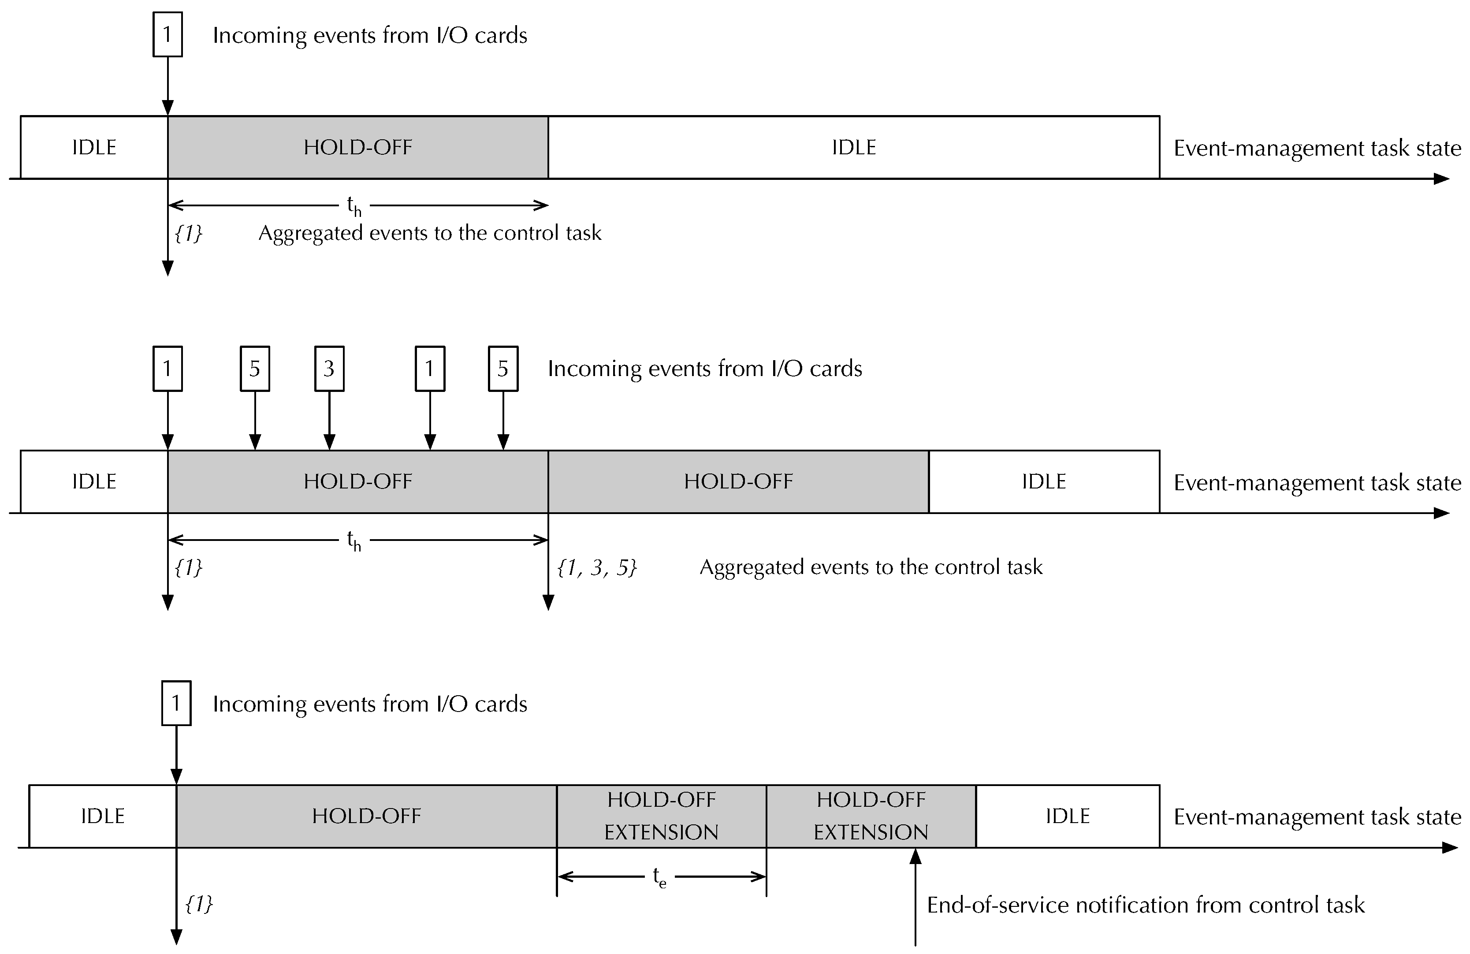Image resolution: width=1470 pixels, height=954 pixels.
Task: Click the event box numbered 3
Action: point(329,369)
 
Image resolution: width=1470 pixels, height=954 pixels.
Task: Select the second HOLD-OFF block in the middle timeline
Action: point(738,481)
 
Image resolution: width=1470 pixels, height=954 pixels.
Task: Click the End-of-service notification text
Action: point(1145,905)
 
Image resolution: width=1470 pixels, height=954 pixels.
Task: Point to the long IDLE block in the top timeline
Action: point(854,147)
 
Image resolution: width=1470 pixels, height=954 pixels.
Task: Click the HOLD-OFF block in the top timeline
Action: point(357,147)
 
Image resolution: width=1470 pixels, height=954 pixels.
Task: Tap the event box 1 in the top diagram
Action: point(167,34)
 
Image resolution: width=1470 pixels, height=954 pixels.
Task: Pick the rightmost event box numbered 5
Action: point(503,369)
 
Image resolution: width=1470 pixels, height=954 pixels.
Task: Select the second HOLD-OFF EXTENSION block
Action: point(871,816)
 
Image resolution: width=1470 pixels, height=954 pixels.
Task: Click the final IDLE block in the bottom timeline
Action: point(1067,816)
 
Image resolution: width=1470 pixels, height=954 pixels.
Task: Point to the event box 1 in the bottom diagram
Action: point(176,703)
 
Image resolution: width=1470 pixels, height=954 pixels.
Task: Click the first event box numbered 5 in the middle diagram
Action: point(254,369)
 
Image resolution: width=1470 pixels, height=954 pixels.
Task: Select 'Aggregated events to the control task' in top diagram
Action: point(429,233)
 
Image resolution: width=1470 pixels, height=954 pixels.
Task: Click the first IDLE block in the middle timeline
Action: point(94,481)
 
